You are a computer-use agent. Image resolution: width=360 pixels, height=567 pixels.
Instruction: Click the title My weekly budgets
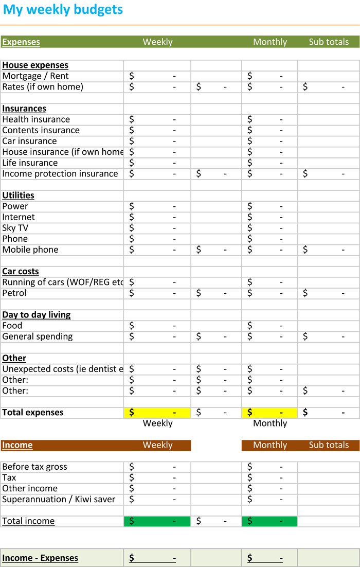pyautogui.click(x=63, y=10)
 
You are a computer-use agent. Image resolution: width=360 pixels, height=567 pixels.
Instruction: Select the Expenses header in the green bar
pyautogui.click(x=21, y=42)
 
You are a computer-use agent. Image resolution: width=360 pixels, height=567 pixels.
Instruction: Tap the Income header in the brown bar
pyautogui.click(x=17, y=445)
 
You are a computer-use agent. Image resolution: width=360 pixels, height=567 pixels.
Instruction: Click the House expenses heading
pyautogui.click(x=35, y=65)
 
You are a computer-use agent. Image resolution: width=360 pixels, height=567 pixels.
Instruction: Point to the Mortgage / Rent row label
pyautogui.click(x=35, y=76)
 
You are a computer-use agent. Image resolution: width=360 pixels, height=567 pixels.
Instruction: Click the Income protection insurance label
pyautogui.click(x=60, y=174)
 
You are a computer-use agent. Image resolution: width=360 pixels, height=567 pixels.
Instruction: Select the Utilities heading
pyautogui.click(x=19, y=196)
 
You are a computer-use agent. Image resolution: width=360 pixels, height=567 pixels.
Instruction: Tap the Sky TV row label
pyautogui.click(x=15, y=228)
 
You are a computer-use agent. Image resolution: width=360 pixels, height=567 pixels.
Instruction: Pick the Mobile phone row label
pyautogui.click(x=30, y=250)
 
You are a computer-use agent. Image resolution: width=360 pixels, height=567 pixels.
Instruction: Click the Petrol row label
pyautogui.click(x=14, y=293)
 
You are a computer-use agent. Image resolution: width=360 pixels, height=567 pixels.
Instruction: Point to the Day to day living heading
pyautogui.click(x=37, y=315)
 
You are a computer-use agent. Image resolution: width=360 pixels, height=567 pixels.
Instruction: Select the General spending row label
pyautogui.click(x=38, y=336)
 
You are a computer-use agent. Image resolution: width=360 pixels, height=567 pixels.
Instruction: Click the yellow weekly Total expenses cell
pyautogui.click(x=157, y=413)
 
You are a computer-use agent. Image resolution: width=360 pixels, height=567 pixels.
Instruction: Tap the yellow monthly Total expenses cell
pyautogui.click(x=269, y=413)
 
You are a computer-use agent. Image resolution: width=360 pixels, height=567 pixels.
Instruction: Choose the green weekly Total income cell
pyautogui.click(x=157, y=521)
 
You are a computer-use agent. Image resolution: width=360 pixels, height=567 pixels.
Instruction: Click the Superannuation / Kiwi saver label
pyautogui.click(x=59, y=500)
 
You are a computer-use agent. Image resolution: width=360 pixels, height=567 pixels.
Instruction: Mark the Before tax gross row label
pyautogui.click(x=35, y=467)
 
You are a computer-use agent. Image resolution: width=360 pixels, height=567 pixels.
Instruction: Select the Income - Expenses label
pyautogui.click(x=41, y=558)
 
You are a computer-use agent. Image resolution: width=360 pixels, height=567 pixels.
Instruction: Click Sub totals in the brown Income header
pyautogui.click(x=329, y=445)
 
